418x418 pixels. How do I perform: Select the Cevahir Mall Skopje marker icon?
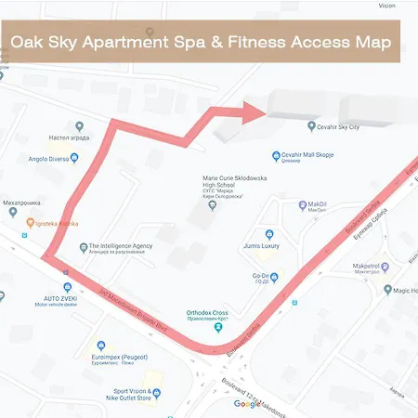click(x=276, y=155)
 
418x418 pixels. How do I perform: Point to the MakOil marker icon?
click(x=301, y=203)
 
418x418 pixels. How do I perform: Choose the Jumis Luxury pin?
click(x=269, y=235)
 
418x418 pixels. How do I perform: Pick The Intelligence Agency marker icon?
click(x=82, y=248)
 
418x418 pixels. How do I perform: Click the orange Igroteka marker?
click(x=30, y=223)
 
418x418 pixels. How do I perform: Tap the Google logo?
click(x=247, y=404)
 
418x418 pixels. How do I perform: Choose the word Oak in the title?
click(x=30, y=43)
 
